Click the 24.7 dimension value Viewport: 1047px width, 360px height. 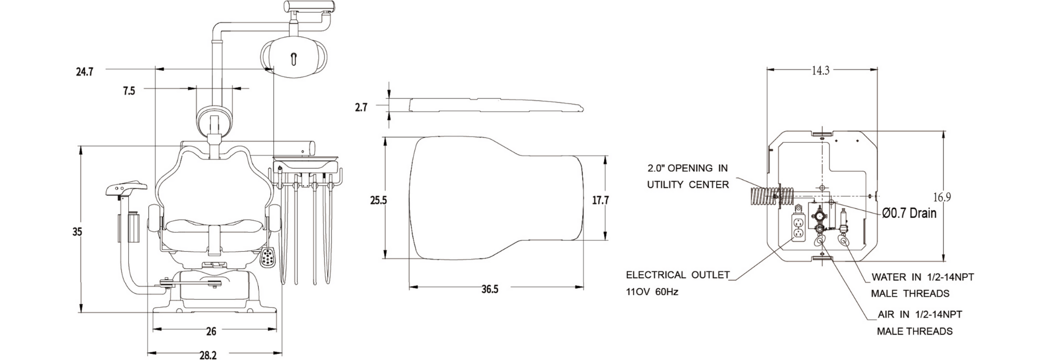pos(84,72)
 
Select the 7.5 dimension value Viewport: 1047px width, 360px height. pos(129,91)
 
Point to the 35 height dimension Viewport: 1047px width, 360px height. pos(77,231)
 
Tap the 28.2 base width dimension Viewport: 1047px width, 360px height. pos(208,355)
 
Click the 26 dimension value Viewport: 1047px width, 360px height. pos(211,331)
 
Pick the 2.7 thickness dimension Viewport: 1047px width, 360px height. pos(361,107)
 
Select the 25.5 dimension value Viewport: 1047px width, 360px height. pos(378,200)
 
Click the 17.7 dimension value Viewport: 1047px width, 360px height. pos(600,200)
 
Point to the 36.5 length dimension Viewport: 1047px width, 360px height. pos(490,289)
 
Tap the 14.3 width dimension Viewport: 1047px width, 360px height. pos(820,71)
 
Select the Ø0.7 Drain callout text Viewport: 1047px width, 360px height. pos(909,213)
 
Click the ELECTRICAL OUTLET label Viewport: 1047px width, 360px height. pos(678,275)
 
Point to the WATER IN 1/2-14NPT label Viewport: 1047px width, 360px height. pos(923,277)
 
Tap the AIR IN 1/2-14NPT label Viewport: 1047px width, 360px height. pos(920,314)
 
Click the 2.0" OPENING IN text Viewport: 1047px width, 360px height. pos(687,168)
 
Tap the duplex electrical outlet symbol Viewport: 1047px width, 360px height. pos(798,229)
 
